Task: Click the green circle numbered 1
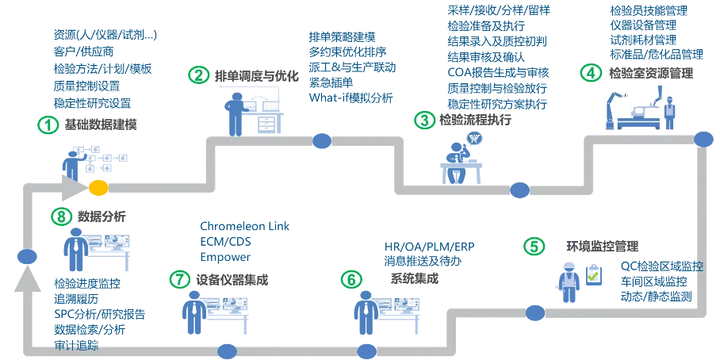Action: tap(48, 124)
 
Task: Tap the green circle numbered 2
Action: tap(199, 75)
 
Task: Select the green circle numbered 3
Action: tap(425, 121)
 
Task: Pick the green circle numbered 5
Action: tap(535, 246)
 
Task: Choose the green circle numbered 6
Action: tap(350, 280)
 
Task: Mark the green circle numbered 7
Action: tap(181, 279)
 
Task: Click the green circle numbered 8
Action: tap(60, 216)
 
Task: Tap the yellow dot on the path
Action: tap(98, 187)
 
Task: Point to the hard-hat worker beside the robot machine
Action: tap(670, 111)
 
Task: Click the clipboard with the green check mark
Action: tap(592, 276)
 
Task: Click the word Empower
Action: tap(225, 258)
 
